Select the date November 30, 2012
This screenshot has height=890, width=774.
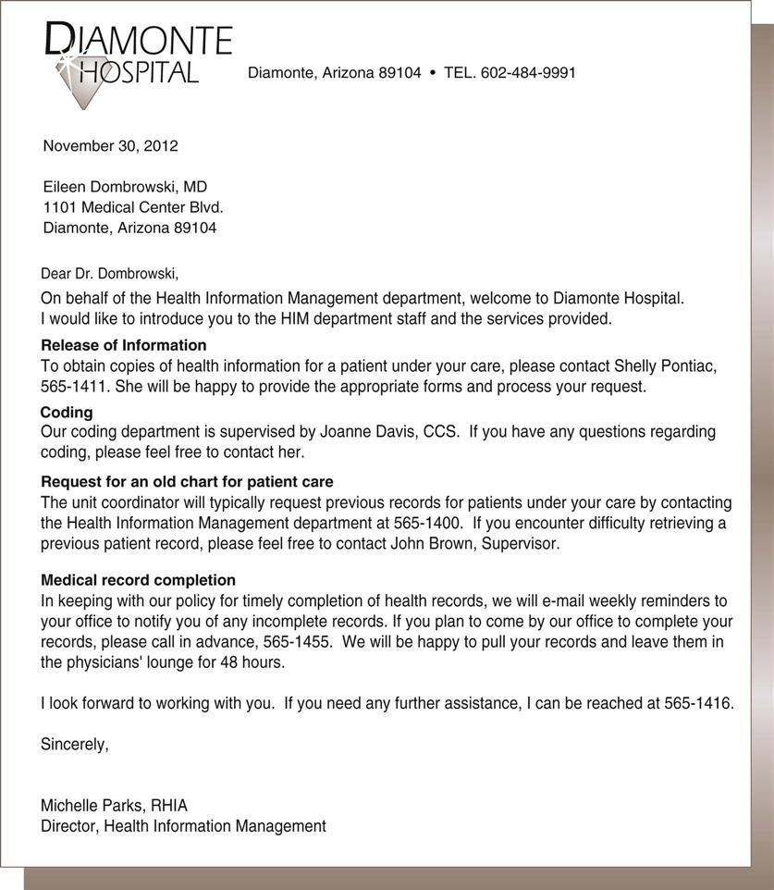tap(110, 145)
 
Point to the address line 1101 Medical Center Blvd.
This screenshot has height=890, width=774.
tap(133, 207)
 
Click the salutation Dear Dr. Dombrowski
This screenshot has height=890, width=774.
tap(109, 274)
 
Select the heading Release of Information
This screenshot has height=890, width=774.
tap(124, 345)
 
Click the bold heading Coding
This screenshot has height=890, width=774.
tap(67, 413)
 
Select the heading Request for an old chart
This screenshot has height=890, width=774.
tap(187, 482)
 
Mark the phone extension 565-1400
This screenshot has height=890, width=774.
tap(423, 524)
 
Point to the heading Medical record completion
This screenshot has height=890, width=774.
tap(138, 580)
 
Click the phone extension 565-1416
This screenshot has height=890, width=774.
tap(697, 704)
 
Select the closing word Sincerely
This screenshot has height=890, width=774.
tap(74, 743)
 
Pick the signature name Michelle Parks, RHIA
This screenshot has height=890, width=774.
tap(114, 806)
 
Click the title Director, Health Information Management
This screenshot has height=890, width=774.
tap(183, 826)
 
